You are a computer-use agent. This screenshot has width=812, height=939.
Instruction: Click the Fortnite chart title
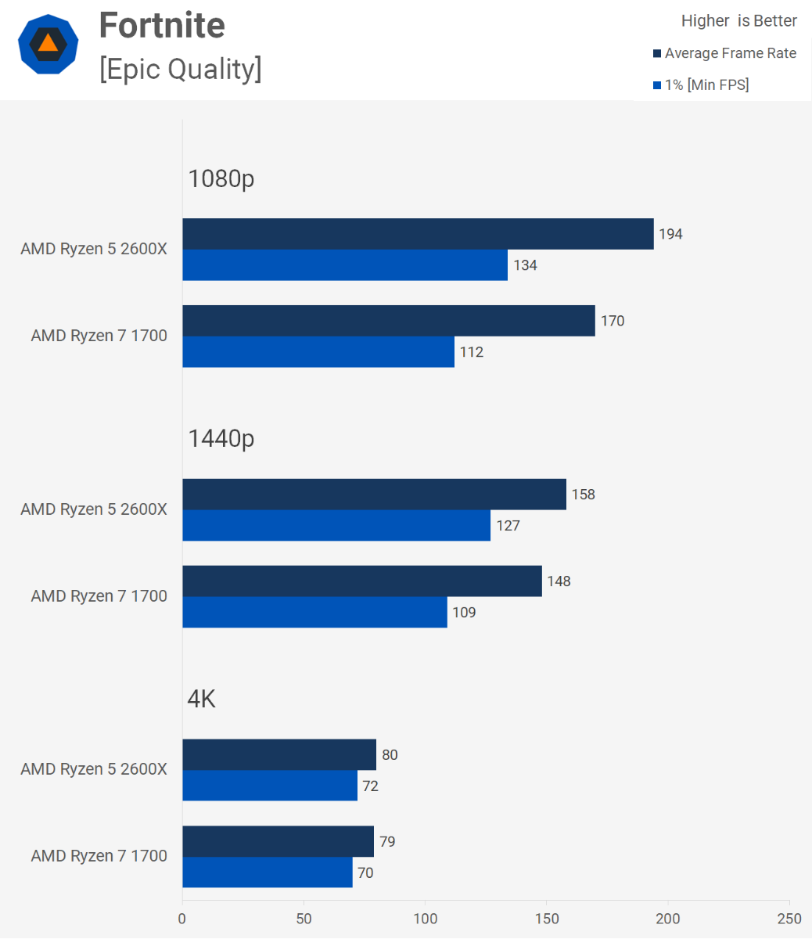click(162, 26)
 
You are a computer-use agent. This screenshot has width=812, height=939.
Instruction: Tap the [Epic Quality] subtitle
click(180, 69)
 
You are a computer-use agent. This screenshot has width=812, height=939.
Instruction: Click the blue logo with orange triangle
click(49, 44)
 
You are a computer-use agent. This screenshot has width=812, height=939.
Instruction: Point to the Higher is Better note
click(738, 21)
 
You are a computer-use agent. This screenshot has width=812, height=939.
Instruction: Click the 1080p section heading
click(221, 178)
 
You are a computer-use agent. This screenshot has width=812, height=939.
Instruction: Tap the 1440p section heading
click(221, 438)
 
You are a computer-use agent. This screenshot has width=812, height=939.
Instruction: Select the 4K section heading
click(202, 698)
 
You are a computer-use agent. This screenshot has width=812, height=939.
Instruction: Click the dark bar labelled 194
click(418, 234)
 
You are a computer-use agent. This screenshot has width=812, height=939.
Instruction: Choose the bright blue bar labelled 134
click(345, 265)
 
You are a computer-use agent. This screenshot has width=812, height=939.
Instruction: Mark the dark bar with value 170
click(389, 321)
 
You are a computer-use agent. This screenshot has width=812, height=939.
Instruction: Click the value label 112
click(472, 352)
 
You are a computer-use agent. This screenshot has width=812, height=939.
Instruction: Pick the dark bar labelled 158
click(374, 495)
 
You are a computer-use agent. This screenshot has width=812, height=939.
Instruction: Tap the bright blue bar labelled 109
click(314, 612)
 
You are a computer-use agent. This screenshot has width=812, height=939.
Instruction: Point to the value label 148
click(559, 581)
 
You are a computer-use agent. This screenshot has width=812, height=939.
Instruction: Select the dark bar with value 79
click(278, 841)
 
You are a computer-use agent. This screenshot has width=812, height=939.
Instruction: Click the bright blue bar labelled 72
click(270, 786)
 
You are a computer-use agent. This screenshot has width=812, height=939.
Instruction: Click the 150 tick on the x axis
click(547, 919)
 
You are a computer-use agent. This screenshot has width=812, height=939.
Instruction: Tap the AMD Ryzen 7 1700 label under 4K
click(99, 856)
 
